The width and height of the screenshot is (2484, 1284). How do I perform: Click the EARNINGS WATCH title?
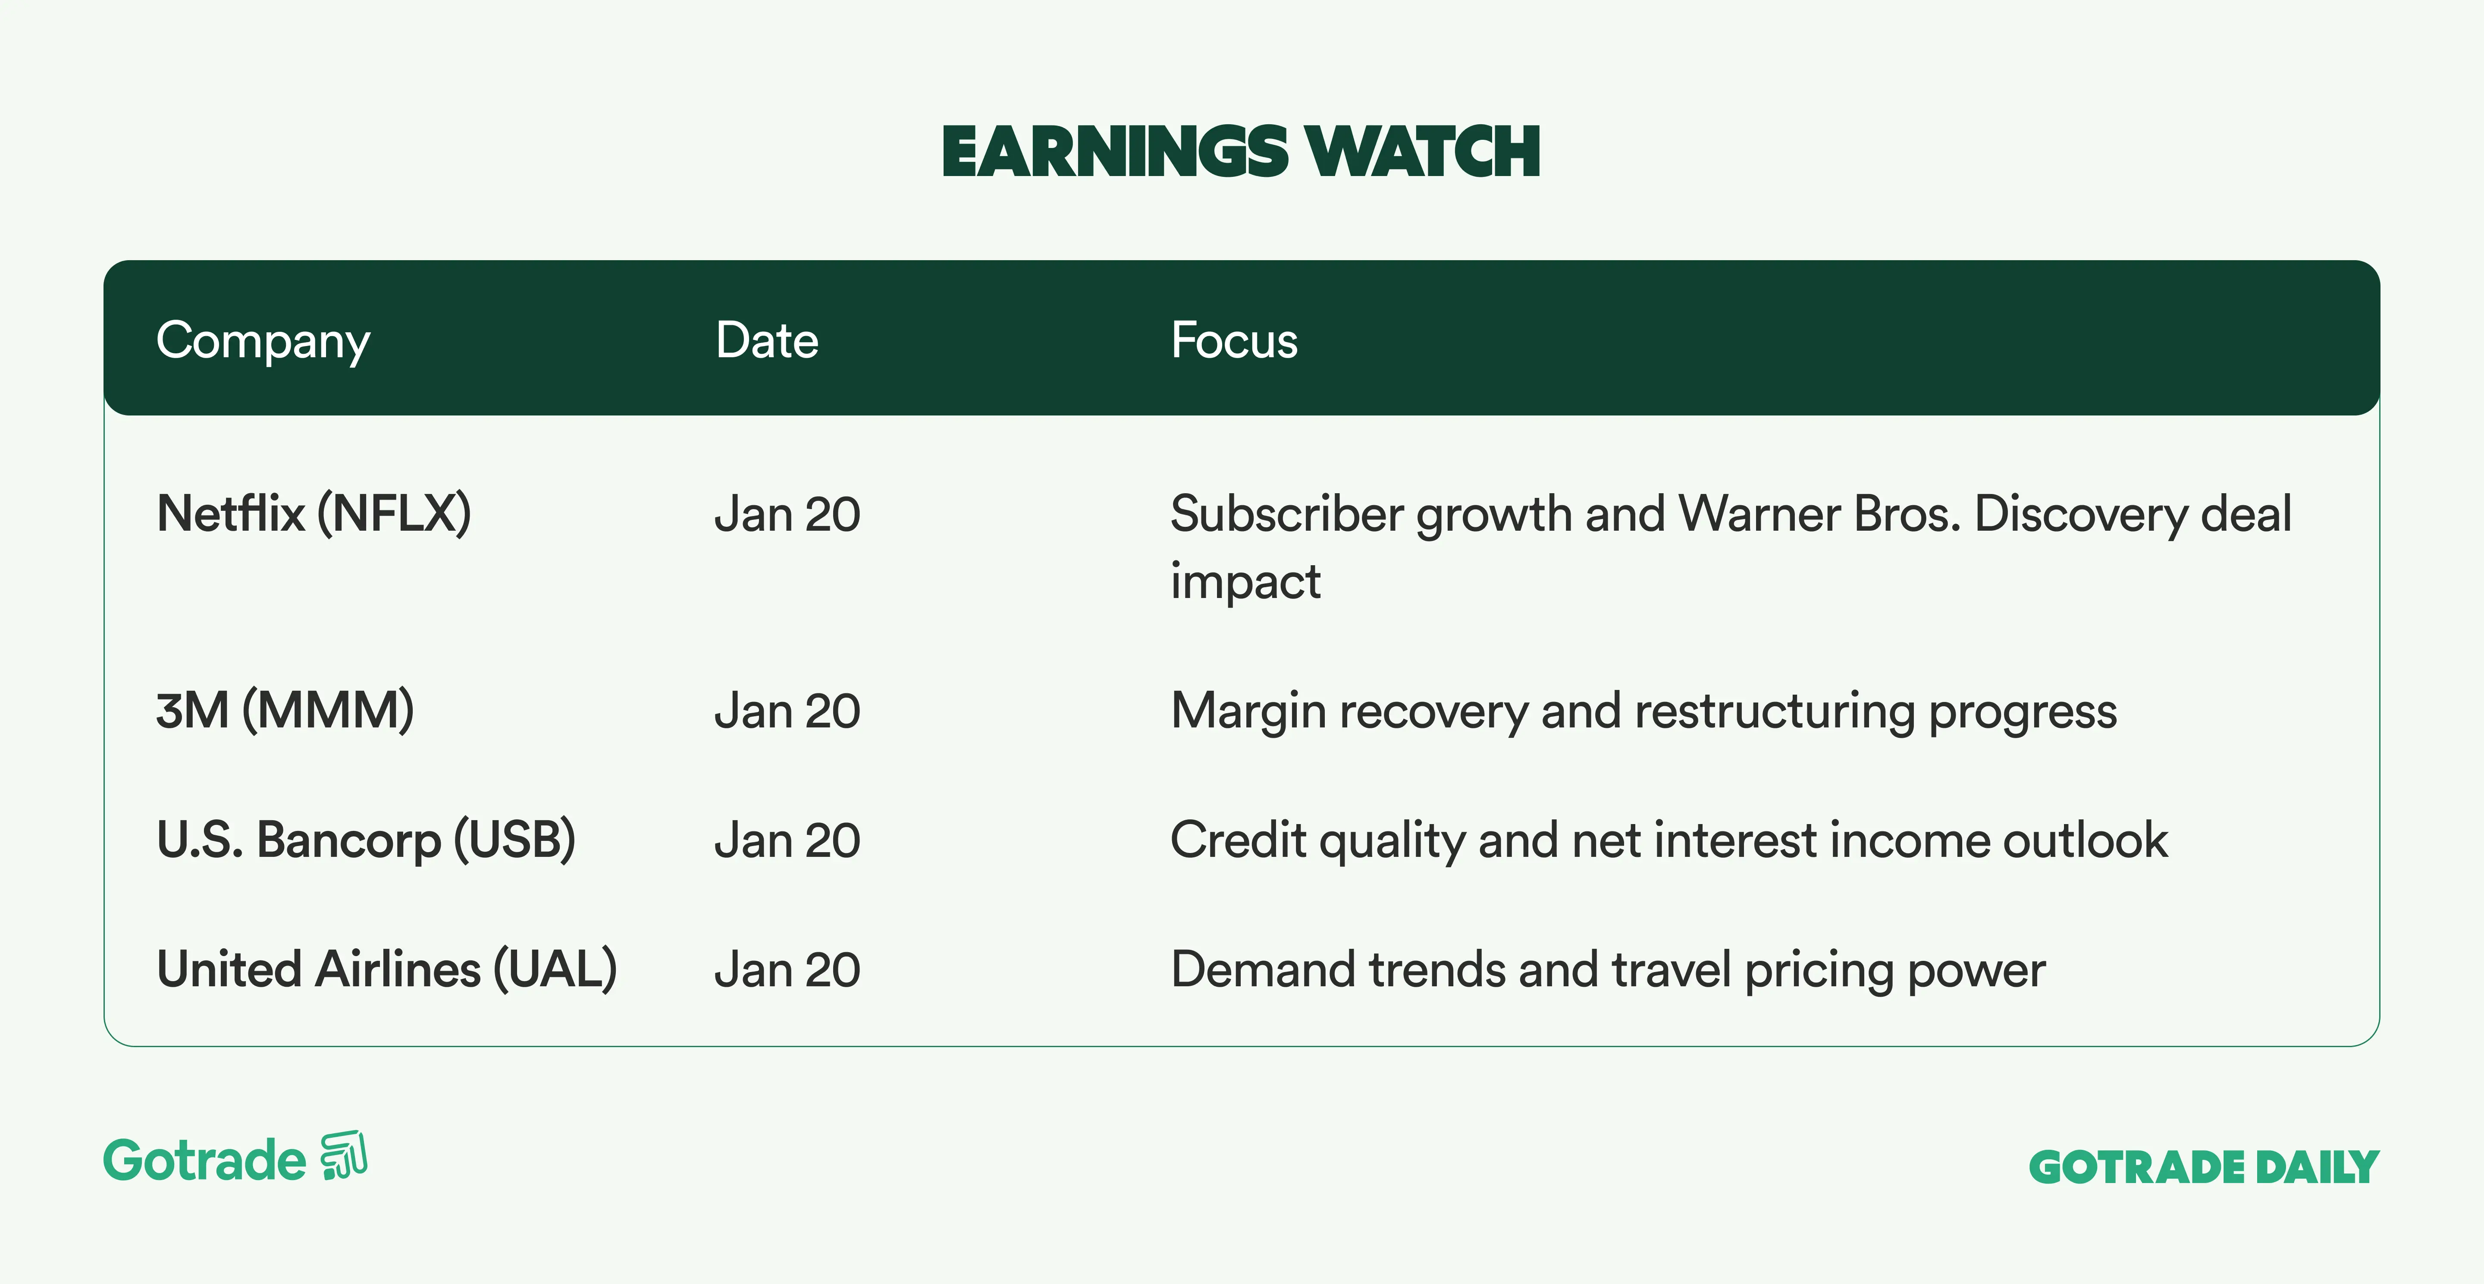coord(1241,152)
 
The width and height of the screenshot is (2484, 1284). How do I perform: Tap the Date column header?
coord(767,340)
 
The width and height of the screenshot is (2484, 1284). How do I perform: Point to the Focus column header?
coord(1234,340)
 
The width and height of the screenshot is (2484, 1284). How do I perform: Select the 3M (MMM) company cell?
coord(285,711)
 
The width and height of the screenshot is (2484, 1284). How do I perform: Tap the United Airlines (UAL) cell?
coord(387,969)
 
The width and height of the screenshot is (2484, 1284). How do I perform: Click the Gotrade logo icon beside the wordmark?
coord(344,1156)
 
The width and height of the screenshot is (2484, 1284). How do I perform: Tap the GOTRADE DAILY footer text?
coord(2205,1167)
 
